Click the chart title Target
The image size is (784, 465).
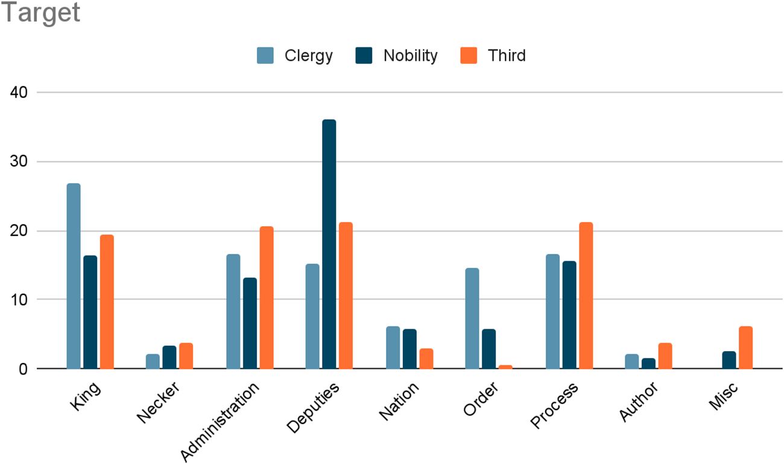pos(41,13)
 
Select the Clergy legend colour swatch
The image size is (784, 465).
pos(265,55)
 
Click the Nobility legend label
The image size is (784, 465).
pos(410,55)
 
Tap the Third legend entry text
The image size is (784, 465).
pos(507,55)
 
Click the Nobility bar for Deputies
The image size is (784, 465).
pos(329,244)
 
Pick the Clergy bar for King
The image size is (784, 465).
pos(74,276)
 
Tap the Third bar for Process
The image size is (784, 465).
pos(586,296)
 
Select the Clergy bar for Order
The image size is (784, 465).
pos(472,318)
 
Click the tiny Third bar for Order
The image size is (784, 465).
pos(505,367)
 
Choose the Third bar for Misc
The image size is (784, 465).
pos(745,348)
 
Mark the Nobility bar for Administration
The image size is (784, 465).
pos(250,323)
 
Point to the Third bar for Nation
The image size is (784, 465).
pos(426,359)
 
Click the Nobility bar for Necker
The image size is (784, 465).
pos(169,357)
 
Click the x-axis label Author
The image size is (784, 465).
pos(639,401)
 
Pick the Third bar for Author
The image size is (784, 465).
pos(665,356)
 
